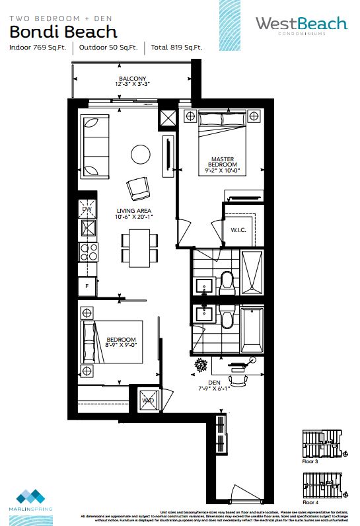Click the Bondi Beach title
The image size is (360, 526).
(63, 31)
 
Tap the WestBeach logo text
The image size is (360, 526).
(301, 24)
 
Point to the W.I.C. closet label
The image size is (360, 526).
(238, 231)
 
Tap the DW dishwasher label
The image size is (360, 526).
(86, 209)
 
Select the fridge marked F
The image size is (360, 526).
(86, 286)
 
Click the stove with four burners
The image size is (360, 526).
(89, 252)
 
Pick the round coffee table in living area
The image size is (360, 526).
(141, 154)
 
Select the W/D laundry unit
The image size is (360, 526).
(148, 400)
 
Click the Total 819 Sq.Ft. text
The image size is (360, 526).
(176, 48)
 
